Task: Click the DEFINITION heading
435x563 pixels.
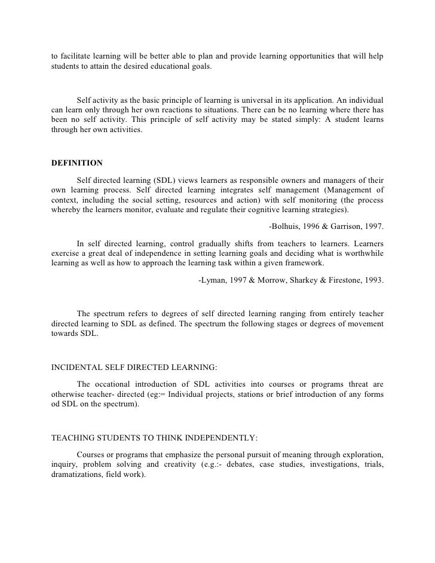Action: [x=77, y=162]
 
